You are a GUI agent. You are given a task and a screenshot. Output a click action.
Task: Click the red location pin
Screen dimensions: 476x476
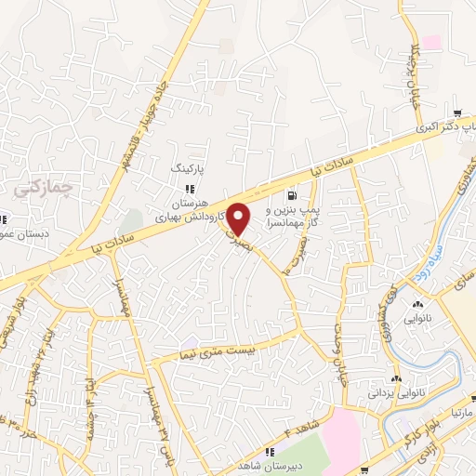click(239, 218)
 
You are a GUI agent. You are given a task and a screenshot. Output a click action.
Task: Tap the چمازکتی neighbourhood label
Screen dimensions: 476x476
click(35, 185)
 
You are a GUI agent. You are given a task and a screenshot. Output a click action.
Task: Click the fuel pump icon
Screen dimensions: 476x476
click(294, 195)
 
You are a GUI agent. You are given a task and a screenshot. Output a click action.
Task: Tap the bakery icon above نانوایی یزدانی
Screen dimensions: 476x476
click(397, 379)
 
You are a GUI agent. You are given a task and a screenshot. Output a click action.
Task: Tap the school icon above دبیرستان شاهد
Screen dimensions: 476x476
click(270, 454)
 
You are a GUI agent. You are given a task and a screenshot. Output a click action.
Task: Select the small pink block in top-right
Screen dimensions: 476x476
click(431, 42)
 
